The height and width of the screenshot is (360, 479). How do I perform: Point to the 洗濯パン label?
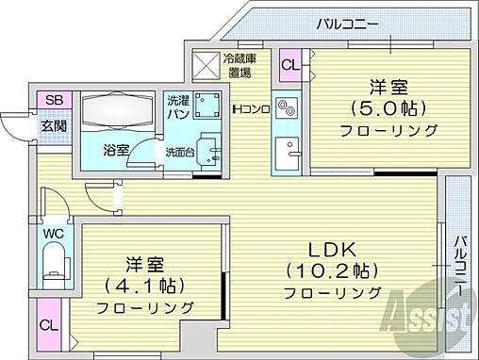tap(178, 106)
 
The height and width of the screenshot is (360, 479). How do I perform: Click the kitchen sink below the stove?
tap(286, 150)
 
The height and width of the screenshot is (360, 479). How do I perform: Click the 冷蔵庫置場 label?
tap(237, 65)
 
